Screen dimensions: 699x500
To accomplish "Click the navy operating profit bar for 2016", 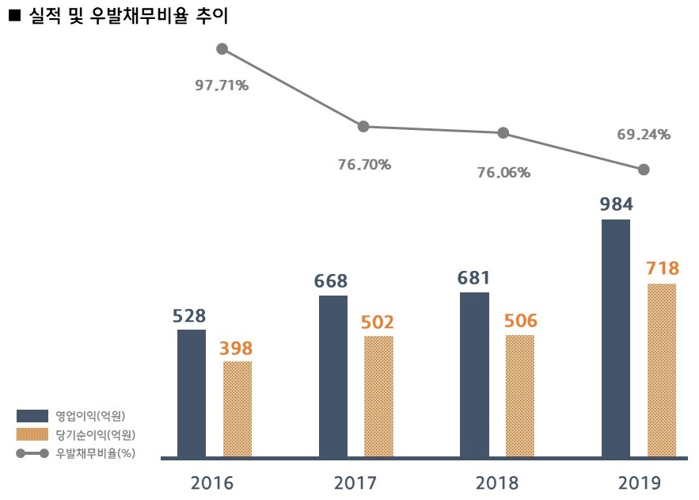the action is coord(192,393).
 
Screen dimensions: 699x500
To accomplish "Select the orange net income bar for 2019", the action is coord(662,370).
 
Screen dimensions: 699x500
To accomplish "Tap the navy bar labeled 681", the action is coord(474,375).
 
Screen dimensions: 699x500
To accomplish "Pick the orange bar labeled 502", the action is coord(378,396).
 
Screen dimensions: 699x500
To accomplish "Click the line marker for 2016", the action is coord(222,49).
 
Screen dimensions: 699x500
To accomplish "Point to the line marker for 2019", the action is coord(644,170).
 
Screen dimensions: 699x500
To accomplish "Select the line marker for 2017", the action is coord(363,126).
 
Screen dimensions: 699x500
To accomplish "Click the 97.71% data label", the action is coord(222,86).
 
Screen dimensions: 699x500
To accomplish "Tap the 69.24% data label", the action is coord(644,134).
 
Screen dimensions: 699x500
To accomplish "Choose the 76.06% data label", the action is coord(503,172).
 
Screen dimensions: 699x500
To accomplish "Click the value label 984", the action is coord(616,204).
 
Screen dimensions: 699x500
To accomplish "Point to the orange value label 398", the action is coord(236,349).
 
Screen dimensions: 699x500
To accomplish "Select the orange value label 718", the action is coord(663,268).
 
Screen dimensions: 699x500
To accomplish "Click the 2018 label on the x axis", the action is coord(497,483).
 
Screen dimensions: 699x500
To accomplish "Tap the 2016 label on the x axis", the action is coord(211,483).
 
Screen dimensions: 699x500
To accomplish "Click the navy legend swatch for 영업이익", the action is coord(32,416).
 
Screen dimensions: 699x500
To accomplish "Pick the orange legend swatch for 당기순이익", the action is coord(32,434).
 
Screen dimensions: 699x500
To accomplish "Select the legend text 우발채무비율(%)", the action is coord(96,453).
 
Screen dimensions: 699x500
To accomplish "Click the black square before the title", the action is coord(15,16).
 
